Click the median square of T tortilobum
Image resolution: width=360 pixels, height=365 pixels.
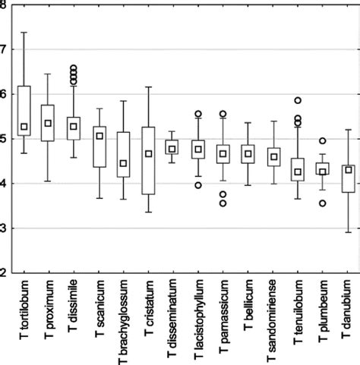point(24,127)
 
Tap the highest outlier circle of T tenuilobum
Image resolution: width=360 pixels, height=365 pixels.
point(298,100)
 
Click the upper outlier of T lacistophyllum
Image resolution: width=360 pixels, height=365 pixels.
point(199,114)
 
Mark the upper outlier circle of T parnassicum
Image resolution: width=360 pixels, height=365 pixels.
point(223,114)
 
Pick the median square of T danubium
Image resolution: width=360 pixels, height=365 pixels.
point(348,170)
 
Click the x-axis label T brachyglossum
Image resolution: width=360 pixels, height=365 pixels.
point(125,319)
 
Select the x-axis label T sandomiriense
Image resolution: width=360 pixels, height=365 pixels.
point(273,319)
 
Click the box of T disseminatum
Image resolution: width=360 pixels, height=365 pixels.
point(174,147)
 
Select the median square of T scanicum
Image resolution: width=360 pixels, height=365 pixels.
point(99,137)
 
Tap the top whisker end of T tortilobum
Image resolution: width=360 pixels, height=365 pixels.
point(24,33)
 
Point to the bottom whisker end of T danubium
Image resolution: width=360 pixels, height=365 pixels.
point(348,232)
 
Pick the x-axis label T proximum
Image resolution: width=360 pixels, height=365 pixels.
point(49,308)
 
